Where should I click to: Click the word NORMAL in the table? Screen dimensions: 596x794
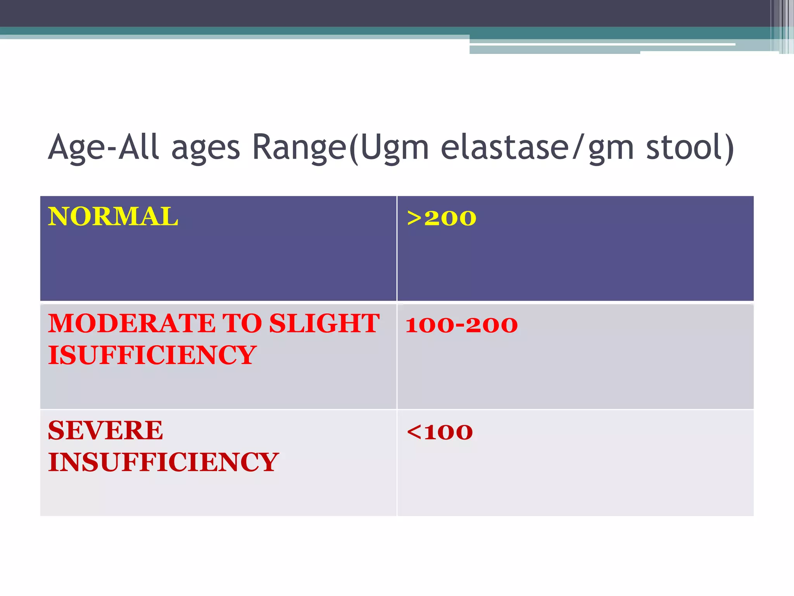tap(113, 217)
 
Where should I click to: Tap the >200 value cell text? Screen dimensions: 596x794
tap(441, 218)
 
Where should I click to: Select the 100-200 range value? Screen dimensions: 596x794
tap(461, 325)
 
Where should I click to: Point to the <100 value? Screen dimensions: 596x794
tap(440, 432)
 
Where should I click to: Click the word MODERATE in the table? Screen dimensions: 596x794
tap(132, 323)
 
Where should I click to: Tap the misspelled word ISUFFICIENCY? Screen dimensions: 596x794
tap(152, 355)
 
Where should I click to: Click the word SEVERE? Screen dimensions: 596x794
tap(105, 430)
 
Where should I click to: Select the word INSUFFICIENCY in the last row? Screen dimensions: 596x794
tap(163, 462)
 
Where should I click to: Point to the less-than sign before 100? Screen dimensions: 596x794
tap(414, 432)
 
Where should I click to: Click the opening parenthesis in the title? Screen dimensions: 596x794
tap(353, 148)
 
